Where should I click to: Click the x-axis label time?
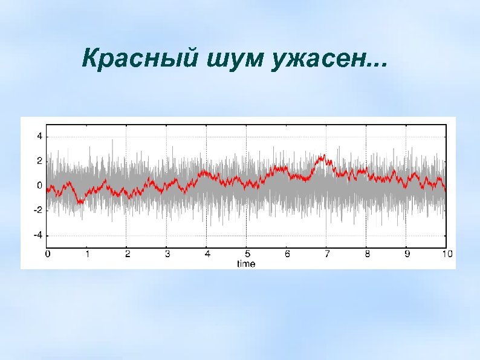point(246,263)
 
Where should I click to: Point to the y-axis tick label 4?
point(39,136)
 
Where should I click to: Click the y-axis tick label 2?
point(39,161)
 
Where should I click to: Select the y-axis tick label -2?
point(37,210)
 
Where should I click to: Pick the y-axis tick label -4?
point(37,235)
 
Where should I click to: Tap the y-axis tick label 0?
point(39,185)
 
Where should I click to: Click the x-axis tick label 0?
point(47,255)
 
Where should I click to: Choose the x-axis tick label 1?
point(87,255)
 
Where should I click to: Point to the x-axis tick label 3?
point(167,255)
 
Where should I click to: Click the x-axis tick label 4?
point(207,255)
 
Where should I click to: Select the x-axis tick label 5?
point(247,255)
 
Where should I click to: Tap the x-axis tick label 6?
point(287,255)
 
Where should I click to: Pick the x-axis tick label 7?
point(326,255)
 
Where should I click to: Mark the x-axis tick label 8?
point(366,255)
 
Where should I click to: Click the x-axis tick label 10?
point(446,255)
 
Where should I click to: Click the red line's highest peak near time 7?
point(324,155)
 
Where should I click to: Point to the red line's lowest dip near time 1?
point(79,202)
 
